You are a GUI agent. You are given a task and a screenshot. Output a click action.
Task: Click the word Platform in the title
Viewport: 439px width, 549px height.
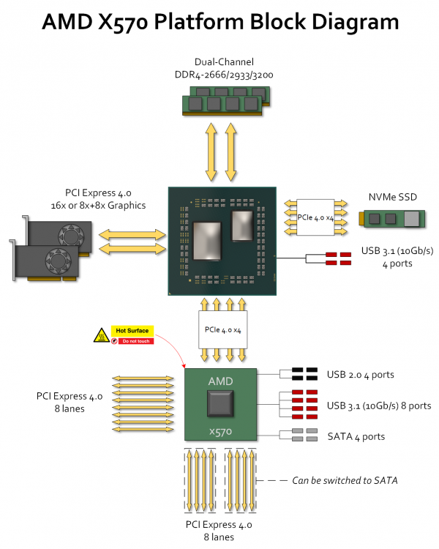click(x=200, y=22)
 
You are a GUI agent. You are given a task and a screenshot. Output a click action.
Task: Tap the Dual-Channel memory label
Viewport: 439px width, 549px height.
click(x=224, y=62)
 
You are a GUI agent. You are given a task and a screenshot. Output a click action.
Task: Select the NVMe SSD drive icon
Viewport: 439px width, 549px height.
click(x=391, y=218)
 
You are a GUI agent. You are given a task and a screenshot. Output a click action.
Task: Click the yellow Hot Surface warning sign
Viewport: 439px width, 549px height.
click(x=132, y=331)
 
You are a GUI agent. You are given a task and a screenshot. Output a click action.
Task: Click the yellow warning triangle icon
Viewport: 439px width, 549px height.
click(x=102, y=335)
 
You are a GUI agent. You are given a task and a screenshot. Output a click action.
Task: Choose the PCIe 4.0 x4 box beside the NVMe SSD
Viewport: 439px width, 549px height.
click(x=315, y=217)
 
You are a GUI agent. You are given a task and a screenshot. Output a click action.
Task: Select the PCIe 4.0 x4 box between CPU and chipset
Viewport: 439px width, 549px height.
click(x=223, y=329)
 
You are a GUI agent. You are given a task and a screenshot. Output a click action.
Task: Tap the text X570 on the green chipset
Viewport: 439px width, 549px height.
click(x=220, y=432)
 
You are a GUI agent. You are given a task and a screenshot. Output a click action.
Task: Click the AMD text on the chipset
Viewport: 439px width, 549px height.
click(x=220, y=381)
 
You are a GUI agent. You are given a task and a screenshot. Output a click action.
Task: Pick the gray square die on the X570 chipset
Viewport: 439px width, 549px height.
click(x=220, y=404)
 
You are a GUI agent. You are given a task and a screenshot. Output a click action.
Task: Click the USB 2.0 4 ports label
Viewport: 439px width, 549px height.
click(x=360, y=375)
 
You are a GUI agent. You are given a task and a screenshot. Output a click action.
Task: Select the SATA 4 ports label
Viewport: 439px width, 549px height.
click(x=356, y=436)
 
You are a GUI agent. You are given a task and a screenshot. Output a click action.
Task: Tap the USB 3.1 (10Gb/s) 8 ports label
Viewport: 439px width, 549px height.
click(x=379, y=406)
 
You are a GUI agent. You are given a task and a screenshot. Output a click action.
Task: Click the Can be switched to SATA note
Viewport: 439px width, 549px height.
click(x=345, y=480)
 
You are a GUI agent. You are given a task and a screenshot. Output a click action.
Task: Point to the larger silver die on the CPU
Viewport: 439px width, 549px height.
click(x=207, y=242)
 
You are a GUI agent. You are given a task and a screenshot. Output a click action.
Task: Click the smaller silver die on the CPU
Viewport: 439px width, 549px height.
click(x=242, y=226)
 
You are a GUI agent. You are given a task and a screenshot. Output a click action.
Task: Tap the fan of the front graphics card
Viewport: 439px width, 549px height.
click(x=58, y=261)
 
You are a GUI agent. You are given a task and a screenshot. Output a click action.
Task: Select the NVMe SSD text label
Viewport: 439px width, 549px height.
click(x=392, y=197)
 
